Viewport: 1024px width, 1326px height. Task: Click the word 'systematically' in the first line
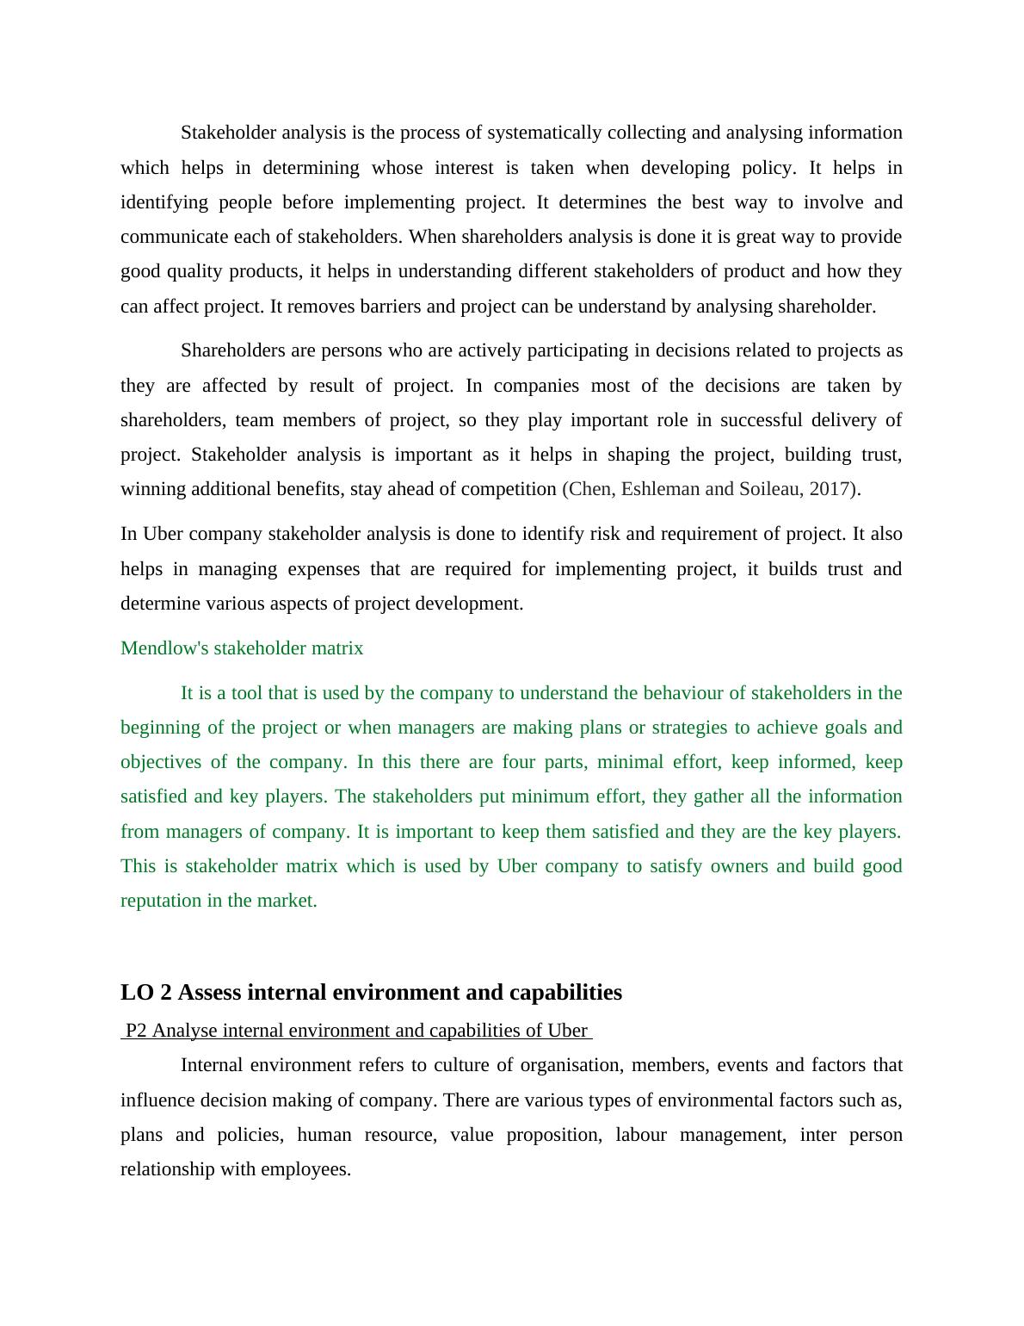(x=544, y=133)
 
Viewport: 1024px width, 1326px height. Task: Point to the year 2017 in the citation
(x=830, y=489)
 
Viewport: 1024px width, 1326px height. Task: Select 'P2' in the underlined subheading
(x=136, y=1031)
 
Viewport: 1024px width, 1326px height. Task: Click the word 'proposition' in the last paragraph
(x=552, y=1135)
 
